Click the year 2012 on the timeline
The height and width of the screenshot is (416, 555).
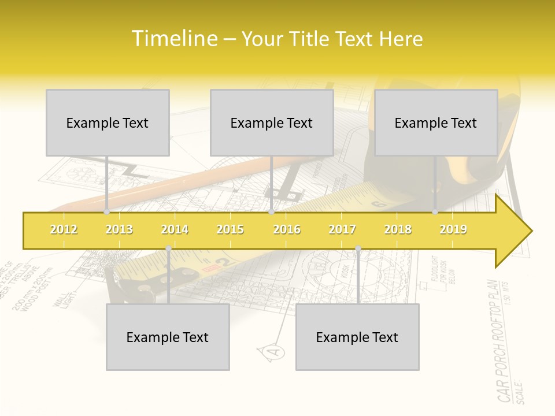click(64, 229)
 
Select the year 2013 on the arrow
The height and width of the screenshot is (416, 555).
click(119, 229)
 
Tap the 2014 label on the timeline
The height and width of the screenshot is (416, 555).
click(175, 229)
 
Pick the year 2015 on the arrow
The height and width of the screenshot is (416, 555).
click(230, 229)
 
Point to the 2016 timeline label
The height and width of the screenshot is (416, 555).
click(287, 229)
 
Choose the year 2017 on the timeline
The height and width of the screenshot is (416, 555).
click(342, 229)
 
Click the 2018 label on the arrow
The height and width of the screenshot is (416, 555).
click(398, 229)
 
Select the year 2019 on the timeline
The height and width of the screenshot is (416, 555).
click(453, 229)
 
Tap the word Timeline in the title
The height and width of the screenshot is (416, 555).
click(173, 39)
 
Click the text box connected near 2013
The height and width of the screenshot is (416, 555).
click(108, 122)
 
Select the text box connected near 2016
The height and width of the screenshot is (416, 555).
click(272, 122)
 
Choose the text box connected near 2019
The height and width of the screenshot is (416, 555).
click(436, 122)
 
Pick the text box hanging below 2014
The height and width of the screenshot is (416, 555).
click(168, 337)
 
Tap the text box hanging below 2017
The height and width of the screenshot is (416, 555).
click(357, 337)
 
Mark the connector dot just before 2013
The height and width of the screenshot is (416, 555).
click(107, 212)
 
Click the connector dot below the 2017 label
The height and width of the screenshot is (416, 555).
click(358, 249)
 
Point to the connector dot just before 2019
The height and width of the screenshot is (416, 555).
click(435, 212)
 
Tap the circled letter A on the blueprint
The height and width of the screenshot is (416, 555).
click(275, 351)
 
